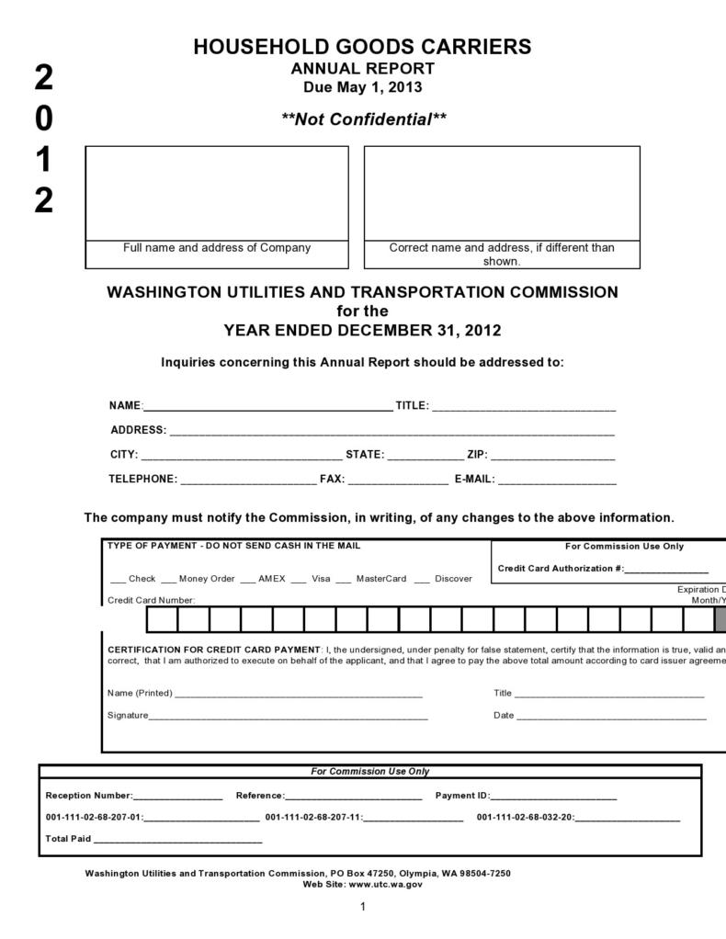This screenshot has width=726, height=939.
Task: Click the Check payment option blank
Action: coord(119,580)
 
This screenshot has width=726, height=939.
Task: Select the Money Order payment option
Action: coord(169,580)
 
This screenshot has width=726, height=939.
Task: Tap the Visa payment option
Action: coord(302,580)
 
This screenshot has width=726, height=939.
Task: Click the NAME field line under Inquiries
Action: coord(267,406)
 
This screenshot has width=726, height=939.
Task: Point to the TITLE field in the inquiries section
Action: coord(523,406)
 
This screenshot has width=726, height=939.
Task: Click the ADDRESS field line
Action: coord(391,430)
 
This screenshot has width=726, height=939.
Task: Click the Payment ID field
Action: coord(553,797)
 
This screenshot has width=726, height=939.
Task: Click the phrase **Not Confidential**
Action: coord(364,119)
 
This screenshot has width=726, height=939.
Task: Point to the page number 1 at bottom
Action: coord(363,908)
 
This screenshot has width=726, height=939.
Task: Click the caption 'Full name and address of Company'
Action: coord(217,248)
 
